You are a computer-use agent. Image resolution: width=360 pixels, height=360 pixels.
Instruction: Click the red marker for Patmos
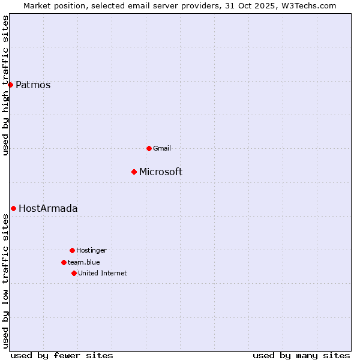click(x=10, y=85)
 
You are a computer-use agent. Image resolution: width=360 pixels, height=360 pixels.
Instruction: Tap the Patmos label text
click(x=33, y=85)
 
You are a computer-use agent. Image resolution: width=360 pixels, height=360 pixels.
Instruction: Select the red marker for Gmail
click(x=149, y=148)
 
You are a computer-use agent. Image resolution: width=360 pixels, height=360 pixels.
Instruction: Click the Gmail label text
click(x=162, y=149)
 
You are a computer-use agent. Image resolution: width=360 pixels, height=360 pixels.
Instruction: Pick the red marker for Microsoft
click(x=134, y=172)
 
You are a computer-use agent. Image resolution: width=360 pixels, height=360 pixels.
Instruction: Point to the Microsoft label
click(x=161, y=172)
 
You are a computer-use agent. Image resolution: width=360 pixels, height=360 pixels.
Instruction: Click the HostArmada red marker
click(x=13, y=208)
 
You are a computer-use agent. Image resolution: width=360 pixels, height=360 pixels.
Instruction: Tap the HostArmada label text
click(x=48, y=209)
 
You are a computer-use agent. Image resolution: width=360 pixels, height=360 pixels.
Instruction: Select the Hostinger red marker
click(x=72, y=250)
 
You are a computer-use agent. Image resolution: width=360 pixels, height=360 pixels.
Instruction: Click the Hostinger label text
click(x=91, y=251)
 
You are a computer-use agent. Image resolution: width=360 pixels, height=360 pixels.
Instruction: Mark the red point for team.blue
click(x=64, y=262)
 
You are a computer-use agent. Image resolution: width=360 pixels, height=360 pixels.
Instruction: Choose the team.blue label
click(x=84, y=262)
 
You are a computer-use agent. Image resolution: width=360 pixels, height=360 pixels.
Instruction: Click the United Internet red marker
click(x=74, y=273)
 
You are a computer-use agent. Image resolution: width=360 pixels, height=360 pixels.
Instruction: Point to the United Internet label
click(x=103, y=274)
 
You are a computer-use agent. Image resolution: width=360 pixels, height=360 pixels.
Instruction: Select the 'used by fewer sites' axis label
click(x=62, y=355)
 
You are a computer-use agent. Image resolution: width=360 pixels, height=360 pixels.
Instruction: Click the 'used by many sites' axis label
click(x=301, y=355)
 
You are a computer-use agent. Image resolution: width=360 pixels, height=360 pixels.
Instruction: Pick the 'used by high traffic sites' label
click(x=6, y=85)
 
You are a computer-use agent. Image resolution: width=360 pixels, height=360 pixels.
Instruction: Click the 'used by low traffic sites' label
click(x=6, y=281)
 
